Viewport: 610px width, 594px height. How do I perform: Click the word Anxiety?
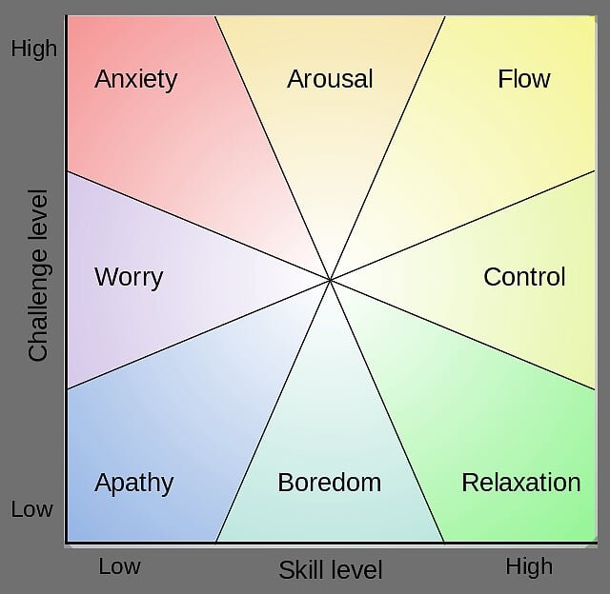click(x=135, y=80)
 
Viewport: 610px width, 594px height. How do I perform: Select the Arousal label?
click(x=330, y=79)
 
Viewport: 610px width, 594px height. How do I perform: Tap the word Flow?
click(x=524, y=79)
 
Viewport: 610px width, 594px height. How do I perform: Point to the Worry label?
click(x=129, y=278)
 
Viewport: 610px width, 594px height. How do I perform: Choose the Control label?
click(x=524, y=277)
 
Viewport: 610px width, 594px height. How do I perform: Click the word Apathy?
click(x=133, y=484)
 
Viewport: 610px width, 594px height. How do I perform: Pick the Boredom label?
click(x=330, y=483)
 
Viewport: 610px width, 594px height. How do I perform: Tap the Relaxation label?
click(x=521, y=483)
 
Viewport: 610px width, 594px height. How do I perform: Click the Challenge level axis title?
click(x=38, y=275)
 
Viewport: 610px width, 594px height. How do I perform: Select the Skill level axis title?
click(x=331, y=570)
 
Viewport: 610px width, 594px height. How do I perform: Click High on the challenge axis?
click(x=34, y=49)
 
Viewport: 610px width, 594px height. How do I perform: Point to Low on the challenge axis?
click(x=31, y=509)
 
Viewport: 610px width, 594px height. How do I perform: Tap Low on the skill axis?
click(x=119, y=566)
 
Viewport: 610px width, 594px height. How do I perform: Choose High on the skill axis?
click(x=529, y=566)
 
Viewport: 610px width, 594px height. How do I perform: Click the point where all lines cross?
click(x=330, y=280)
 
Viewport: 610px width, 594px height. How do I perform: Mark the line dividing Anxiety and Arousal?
click(x=273, y=148)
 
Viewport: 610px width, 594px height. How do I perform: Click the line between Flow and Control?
click(x=462, y=225)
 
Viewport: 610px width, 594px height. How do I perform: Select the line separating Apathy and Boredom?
click(x=273, y=410)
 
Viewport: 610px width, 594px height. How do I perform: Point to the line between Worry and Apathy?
click(x=199, y=334)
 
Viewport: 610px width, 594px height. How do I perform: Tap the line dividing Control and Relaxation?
click(x=462, y=334)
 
